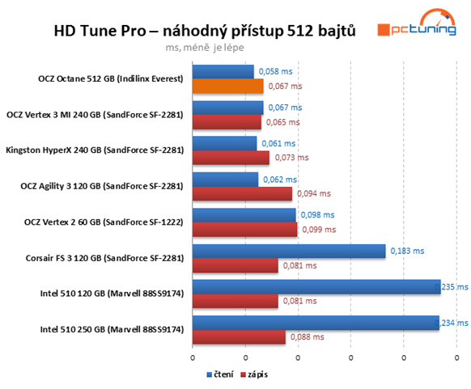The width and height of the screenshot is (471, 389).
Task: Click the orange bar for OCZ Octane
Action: pos(228,86)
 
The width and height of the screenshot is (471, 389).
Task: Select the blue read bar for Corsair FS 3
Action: pos(289,251)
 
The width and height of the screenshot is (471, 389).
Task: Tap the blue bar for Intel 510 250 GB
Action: pos(316,323)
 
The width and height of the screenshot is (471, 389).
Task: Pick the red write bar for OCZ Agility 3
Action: pos(242,193)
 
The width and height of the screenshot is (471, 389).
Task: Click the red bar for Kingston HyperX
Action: pos(231,158)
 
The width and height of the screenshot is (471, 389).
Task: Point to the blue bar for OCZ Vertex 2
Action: pos(244,215)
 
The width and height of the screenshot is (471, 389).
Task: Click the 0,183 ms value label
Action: pos(407,251)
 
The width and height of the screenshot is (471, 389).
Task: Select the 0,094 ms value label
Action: pos(314,193)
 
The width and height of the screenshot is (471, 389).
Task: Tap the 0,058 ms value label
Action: pos(275,71)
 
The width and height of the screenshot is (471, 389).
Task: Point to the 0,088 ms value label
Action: pos(308,337)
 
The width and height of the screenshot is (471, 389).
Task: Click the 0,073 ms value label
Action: pos(291,158)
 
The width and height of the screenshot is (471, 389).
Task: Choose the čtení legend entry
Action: pos(220,374)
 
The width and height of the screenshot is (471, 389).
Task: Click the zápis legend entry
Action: pos(254,374)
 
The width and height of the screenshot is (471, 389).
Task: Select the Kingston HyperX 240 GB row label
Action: pos(95,150)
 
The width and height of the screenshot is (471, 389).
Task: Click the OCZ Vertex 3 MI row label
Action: pos(95,115)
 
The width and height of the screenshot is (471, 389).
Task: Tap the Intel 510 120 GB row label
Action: pos(112,294)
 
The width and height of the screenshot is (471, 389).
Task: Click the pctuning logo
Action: pos(417,23)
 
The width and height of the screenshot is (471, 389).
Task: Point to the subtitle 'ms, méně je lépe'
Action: pos(205,48)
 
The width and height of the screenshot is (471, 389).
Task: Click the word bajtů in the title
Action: pos(337,31)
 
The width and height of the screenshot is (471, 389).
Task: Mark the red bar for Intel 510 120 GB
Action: pos(235,301)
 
